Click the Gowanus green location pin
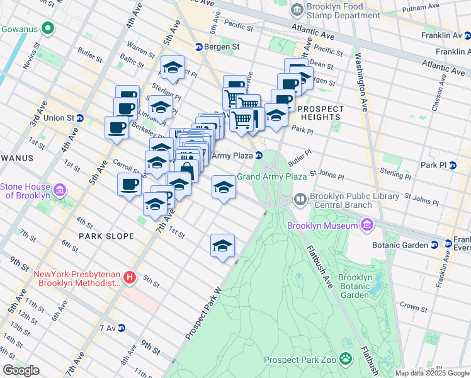(x=46, y=28)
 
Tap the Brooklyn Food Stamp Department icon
(x=297, y=10)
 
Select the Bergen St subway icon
(x=198, y=47)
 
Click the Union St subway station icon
(x=80, y=118)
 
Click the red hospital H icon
(x=130, y=277)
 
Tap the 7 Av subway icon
(x=122, y=328)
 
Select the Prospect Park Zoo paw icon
(x=346, y=359)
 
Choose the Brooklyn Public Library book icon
(x=300, y=200)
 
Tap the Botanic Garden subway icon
(x=434, y=244)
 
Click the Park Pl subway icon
(x=452, y=165)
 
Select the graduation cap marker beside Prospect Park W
(x=222, y=245)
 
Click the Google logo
(x=21, y=370)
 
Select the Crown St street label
(x=413, y=307)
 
